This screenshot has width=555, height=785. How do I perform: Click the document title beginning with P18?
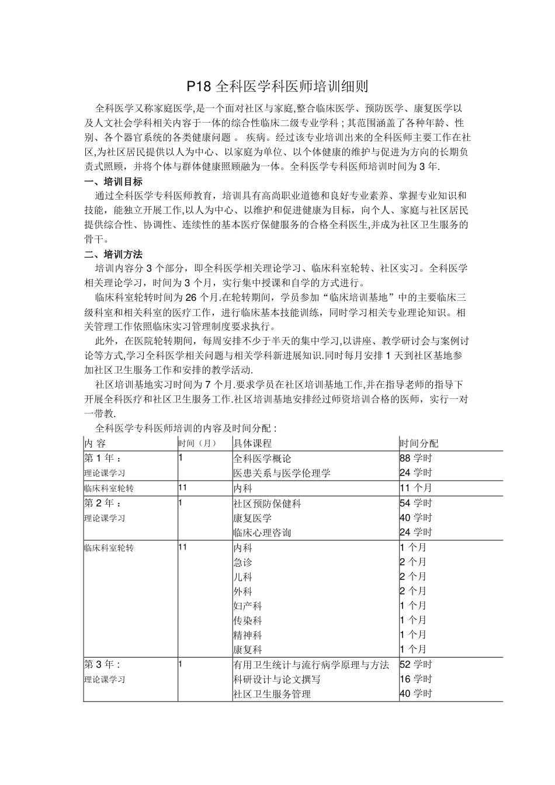277,87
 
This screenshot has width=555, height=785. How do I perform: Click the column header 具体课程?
252,443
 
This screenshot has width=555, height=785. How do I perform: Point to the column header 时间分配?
419,443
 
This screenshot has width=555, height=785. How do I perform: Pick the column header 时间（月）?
197,443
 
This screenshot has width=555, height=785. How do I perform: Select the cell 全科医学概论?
262,459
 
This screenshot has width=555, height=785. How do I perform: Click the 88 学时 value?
416,459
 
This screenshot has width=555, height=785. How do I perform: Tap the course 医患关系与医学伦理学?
282,473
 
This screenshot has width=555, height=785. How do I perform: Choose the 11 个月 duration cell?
416,488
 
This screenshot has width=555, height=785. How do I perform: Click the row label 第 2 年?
103,503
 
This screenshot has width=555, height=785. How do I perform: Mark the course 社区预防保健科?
267,503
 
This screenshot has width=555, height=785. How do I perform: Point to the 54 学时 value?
416,503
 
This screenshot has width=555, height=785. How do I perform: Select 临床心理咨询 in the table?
262,532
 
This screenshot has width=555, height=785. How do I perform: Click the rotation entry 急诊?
242,562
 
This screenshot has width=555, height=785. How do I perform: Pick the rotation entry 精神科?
247,635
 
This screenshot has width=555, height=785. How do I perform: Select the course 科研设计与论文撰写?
276,679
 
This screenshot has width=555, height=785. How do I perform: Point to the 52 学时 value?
416,664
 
